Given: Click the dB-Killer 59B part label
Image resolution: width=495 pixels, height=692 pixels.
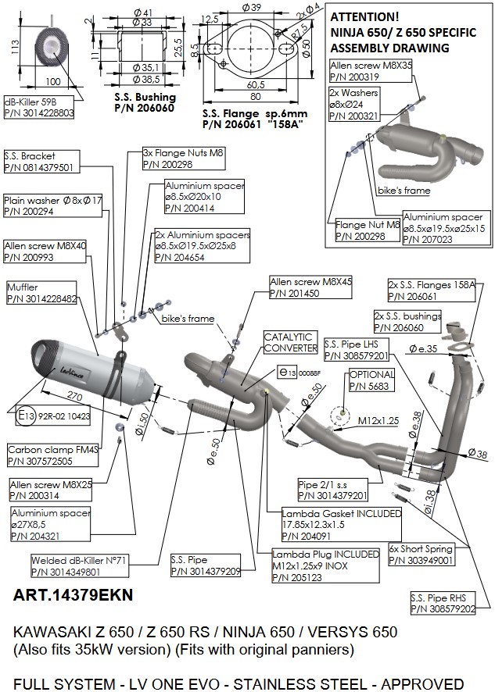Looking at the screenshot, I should (x=38, y=107).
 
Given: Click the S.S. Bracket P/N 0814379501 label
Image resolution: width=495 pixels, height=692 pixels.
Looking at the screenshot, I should (x=38, y=161).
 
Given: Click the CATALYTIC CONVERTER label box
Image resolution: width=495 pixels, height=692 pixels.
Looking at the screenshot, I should (x=289, y=341).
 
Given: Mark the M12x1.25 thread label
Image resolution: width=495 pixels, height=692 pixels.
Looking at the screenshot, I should (x=378, y=420).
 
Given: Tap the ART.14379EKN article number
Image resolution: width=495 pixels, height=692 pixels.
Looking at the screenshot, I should (x=74, y=595).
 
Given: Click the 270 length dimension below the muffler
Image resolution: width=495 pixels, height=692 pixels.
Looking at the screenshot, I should (x=75, y=395).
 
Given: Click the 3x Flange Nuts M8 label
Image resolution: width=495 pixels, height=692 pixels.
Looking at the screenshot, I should (x=184, y=159).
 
